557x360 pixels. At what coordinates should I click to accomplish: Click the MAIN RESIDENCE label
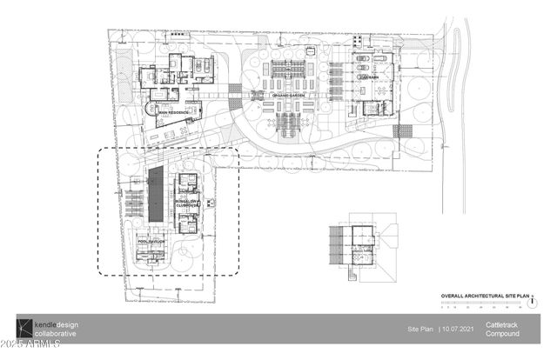(175, 114)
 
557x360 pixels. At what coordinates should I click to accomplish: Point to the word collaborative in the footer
(55, 334)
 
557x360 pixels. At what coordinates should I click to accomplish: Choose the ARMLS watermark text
(30, 350)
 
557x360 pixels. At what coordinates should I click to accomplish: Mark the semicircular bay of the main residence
(151, 111)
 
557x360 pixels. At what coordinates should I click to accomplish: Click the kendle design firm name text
(56, 323)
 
